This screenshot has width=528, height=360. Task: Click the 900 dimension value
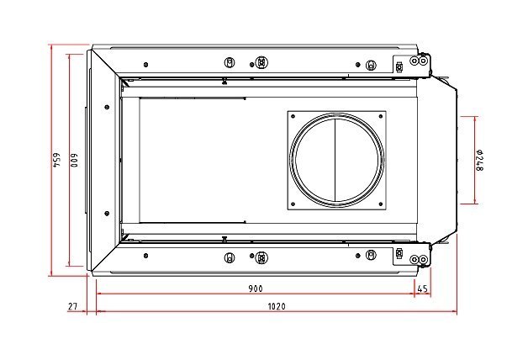pos(256,289)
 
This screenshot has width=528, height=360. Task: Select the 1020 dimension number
pos(277,306)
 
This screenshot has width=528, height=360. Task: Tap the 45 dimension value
pos(422,289)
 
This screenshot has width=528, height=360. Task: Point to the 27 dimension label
pos(73,306)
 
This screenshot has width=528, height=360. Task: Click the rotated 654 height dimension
pos(55,160)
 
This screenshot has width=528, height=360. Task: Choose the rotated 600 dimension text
pos(74,161)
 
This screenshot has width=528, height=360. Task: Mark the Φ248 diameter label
pos(479,160)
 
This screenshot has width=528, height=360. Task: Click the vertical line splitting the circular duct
pos(335,161)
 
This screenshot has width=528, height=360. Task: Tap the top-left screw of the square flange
pos(293,117)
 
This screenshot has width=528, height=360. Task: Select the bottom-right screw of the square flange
pos(381,204)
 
